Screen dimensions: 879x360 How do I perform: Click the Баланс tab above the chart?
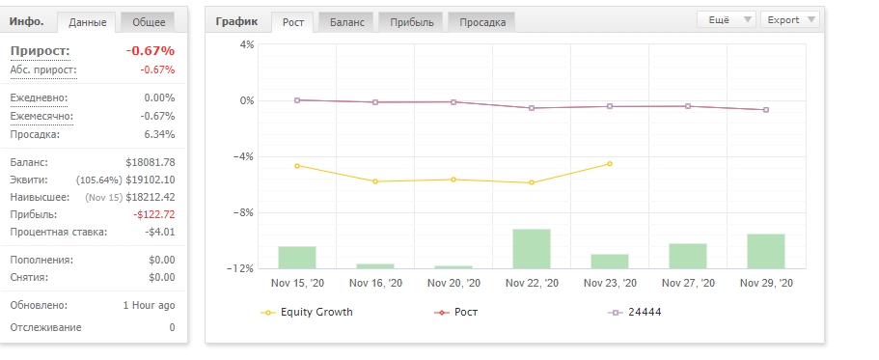[346, 22]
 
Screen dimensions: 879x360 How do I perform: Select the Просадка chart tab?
[482, 22]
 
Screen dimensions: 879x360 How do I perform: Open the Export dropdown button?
[790, 19]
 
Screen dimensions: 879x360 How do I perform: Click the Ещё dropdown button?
[727, 19]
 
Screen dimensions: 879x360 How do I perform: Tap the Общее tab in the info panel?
[149, 22]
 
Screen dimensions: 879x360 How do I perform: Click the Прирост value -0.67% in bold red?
[151, 51]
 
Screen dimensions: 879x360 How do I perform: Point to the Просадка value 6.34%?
[159, 134]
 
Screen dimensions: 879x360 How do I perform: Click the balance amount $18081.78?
[151, 162]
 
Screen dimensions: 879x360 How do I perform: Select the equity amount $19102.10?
[151, 180]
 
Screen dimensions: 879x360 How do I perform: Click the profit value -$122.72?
[154, 215]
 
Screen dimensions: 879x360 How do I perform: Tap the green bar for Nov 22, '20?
[532, 249]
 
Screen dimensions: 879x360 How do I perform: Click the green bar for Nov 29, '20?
[766, 251]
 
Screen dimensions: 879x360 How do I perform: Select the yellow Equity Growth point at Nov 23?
[610, 164]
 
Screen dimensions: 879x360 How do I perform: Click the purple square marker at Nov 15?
[297, 100]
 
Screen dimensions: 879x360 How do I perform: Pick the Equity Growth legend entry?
[307, 313]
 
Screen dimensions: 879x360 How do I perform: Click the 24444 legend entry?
[635, 313]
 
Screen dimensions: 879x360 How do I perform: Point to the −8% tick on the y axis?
[244, 212]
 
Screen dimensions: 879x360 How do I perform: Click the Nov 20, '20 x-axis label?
[453, 283]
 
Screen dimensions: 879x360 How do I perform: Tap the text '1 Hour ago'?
[150, 306]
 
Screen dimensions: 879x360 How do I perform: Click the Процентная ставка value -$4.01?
[160, 233]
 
